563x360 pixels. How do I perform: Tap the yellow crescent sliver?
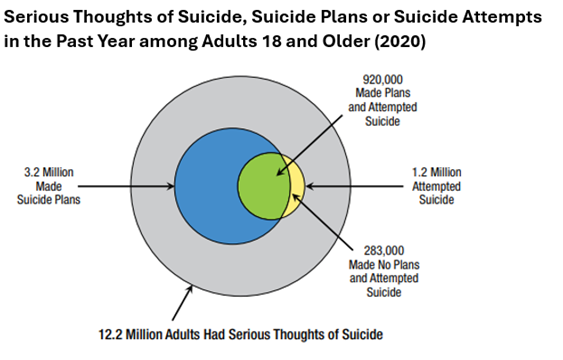295,186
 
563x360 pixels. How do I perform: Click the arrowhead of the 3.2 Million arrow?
172,186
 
